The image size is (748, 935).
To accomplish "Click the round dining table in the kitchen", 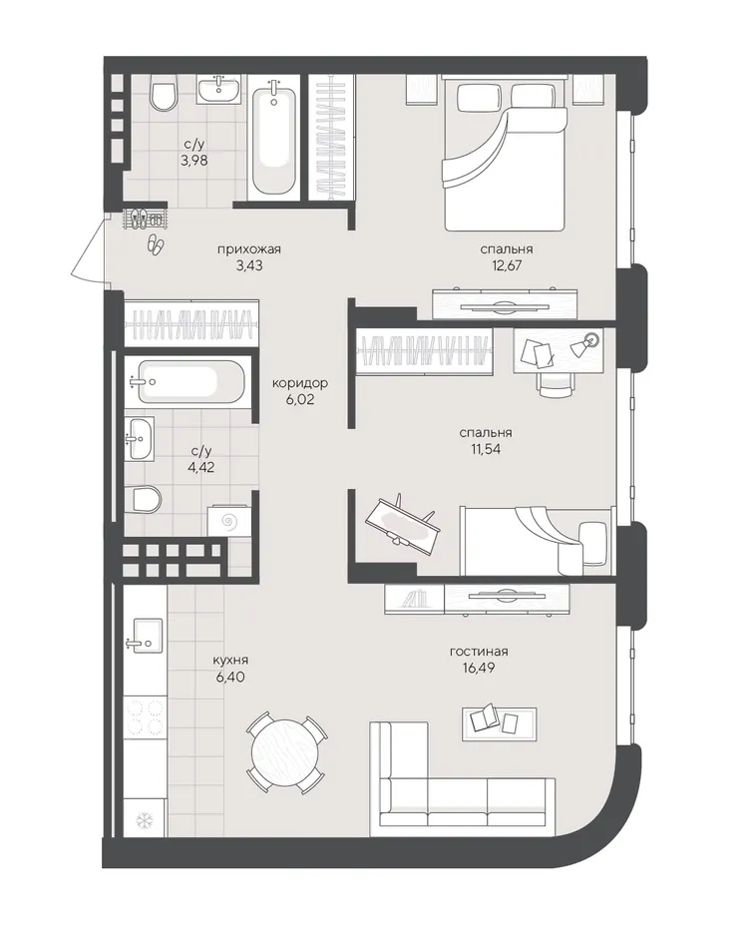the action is click(x=285, y=753).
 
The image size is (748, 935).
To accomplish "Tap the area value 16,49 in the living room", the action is click(x=479, y=668).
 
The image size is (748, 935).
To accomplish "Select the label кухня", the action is click(x=230, y=661).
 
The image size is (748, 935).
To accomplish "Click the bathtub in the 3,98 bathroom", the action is click(x=273, y=140).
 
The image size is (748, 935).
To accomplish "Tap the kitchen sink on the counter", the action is click(x=145, y=636).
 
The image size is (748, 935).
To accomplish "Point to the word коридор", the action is click(x=300, y=383).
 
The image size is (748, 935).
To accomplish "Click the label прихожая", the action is click(x=249, y=249).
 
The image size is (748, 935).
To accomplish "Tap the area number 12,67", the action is click(x=507, y=265).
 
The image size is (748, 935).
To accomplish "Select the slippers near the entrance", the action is click(x=157, y=243).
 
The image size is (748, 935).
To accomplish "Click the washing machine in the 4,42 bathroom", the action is click(x=229, y=522).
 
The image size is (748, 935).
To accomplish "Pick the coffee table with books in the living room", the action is click(x=500, y=719).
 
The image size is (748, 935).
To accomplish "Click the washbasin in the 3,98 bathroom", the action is click(x=219, y=89).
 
